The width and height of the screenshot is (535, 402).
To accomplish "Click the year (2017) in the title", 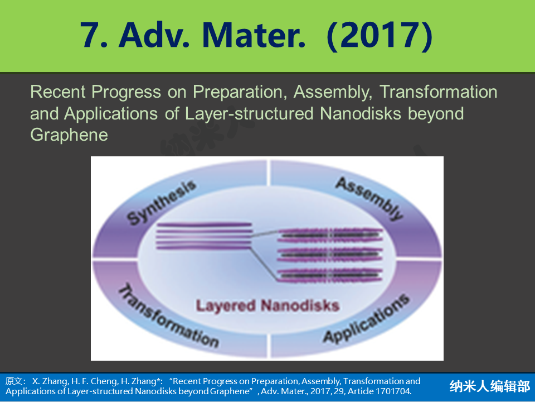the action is point(380,36).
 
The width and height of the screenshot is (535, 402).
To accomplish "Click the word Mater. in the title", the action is point(254,35).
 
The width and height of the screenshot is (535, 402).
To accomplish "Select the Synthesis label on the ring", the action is point(162,202).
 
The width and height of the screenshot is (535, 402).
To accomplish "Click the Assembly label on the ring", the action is point(369,198).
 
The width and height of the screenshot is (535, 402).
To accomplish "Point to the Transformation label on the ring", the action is point(168,315).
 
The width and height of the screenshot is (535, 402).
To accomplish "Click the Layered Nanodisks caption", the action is point(267,305).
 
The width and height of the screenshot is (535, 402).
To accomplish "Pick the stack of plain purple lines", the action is point(205,236).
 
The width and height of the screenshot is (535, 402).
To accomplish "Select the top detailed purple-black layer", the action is point(329,235).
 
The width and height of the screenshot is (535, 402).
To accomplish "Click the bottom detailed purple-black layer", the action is point(329,275).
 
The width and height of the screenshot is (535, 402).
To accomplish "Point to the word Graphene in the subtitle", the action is point(69,135).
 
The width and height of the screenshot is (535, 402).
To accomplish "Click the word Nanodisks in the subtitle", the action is point(361,113).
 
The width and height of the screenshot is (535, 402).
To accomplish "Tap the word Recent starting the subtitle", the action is point(57,92).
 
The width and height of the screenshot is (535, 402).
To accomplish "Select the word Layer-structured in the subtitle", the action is point(249,113).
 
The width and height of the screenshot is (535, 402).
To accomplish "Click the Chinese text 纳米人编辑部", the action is point(489,386).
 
